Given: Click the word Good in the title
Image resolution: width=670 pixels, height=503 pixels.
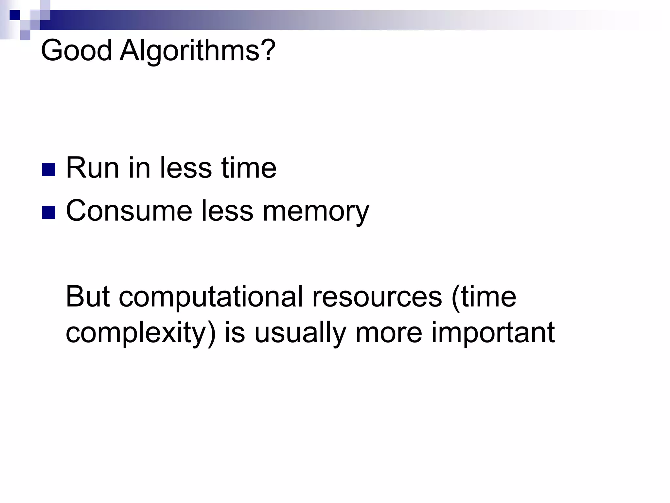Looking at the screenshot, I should click(x=76, y=51).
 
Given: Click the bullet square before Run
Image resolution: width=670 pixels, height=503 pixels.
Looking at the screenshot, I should click(x=48, y=170).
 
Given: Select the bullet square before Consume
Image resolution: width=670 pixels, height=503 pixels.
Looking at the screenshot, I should click(x=48, y=212).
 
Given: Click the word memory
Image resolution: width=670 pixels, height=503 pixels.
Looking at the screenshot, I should click(x=316, y=212).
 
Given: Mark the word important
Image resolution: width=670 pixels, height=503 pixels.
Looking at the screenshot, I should click(x=493, y=333).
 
